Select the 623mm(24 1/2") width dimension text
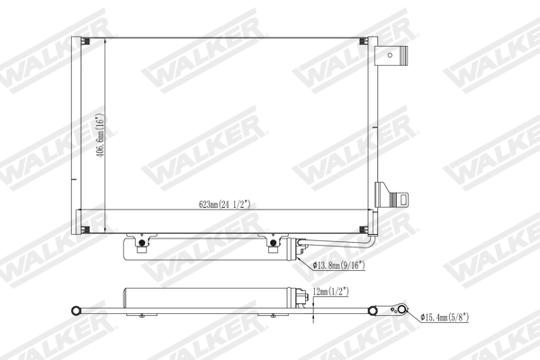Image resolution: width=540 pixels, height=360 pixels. point(224,204)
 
